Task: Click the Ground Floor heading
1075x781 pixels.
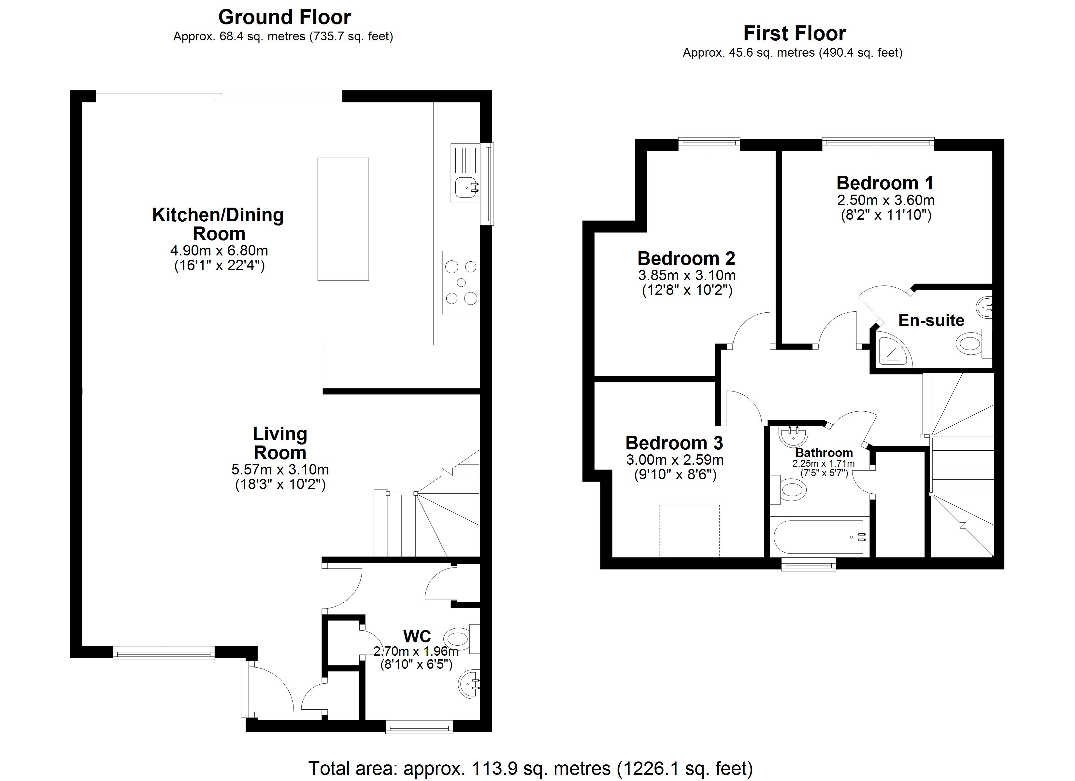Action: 284,18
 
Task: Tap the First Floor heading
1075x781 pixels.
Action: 795,34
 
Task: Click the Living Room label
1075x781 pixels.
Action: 279,443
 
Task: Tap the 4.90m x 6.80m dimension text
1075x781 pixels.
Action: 219,251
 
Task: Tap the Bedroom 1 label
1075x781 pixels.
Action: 885,183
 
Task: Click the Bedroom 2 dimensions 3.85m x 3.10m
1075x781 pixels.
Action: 687,275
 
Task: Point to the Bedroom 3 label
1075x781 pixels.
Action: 674,443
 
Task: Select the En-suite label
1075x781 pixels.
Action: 931,321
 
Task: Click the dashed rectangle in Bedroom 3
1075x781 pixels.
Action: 689,530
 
